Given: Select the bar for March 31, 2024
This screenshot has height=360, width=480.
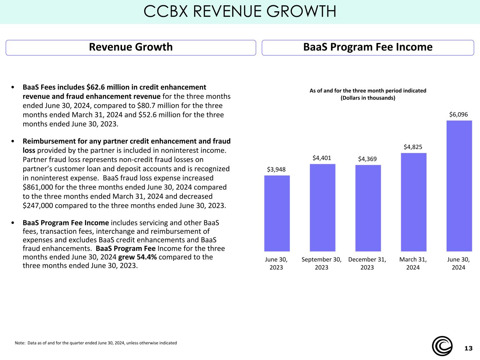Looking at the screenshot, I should pyautogui.click(x=413, y=202).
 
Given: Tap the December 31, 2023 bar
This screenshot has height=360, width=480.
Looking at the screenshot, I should pyautogui.click(x=368, y=208).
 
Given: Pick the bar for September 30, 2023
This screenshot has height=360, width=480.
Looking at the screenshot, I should pyautogui.click(x=322, y=207).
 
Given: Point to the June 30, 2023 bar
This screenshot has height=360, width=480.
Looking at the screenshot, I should pyautogui.click(x=277, y=213).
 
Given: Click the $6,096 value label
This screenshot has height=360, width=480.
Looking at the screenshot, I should pyautogui.click(x=458, y=115).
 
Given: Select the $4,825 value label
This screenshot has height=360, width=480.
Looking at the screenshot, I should pyautogui.click(x=413, y=147).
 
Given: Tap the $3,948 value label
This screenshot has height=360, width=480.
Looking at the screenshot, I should pyautogui.click(x=276, y=169).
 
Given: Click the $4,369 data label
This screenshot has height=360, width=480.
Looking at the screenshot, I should pyautogui.click(x=367, y=159).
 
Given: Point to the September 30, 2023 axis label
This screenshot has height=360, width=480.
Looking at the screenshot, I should pyautogui.click(x=321, y=263).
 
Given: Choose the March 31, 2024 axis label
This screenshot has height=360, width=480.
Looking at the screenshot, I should pyautogui.click(x=413, y=263).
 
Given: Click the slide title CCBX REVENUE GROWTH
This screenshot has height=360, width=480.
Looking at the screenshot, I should pyautogui.click(x=240, y=12).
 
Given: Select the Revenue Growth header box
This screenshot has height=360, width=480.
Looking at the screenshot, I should pyautogui.click(x=131, y=47).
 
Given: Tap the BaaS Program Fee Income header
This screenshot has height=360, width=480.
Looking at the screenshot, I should pyautogui.click(x=368, y=47).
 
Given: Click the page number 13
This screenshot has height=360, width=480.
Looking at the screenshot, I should pyautogui.click(x=468, y=348).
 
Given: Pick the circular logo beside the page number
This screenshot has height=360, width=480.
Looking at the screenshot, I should pyautogui.click(x=442, y=346).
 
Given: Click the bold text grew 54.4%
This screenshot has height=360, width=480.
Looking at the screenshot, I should pyautogui.click(x=137, y=257).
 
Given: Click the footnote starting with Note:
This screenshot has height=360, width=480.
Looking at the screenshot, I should pyautogui.click(x=96, y=343).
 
